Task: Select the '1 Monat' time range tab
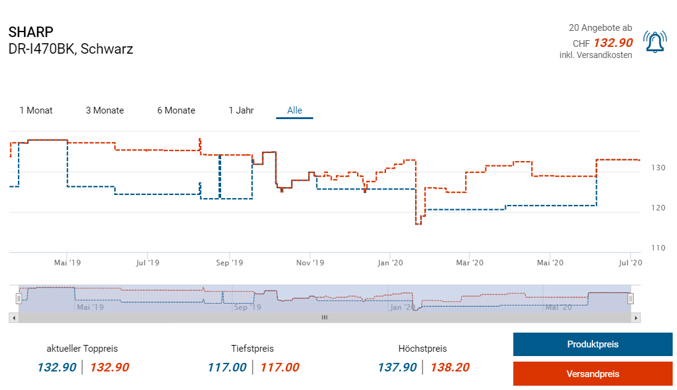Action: coord(36,110)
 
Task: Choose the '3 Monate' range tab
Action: coord(104,110)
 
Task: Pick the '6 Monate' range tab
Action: coord(176,110)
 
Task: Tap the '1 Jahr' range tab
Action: coord(241,110)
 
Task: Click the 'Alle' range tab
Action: coord(295,110)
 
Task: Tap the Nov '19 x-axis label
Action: coord(310,263)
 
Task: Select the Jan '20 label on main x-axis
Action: coord(390,263)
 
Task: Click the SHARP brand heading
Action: coord(31,32)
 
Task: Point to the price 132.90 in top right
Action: coord(613,43)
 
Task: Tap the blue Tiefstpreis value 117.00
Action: coord(227,367)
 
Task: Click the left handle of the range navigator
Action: coord(19,299)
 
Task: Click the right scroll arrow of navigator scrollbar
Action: coord(636,317)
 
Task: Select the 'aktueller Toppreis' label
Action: coord(82,349)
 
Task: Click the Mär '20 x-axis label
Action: coord(470,263)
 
